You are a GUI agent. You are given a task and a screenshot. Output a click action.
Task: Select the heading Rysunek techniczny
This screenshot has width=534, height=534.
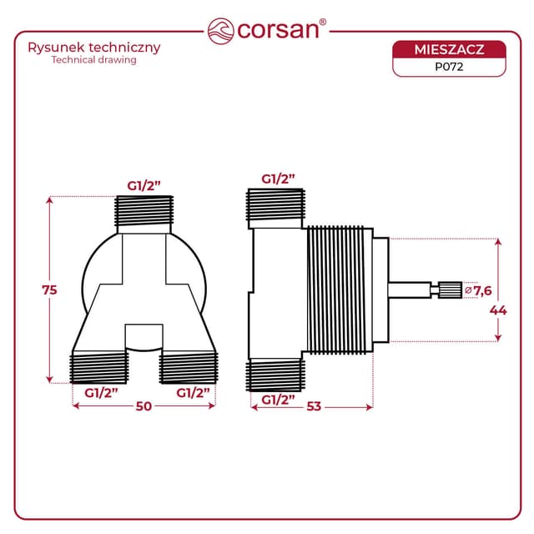94,47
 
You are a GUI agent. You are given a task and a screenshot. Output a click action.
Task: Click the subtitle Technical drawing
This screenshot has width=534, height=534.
93,60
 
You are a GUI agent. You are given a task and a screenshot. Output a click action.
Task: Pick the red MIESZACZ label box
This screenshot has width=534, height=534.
449,50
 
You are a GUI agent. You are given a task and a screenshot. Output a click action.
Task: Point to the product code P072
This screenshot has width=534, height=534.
449,68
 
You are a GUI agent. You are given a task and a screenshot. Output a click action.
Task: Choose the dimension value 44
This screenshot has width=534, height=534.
498,310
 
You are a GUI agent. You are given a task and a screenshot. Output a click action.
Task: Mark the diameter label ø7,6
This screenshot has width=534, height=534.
478,290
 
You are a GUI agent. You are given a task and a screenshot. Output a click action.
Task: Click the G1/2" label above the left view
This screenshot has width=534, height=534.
144,184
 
